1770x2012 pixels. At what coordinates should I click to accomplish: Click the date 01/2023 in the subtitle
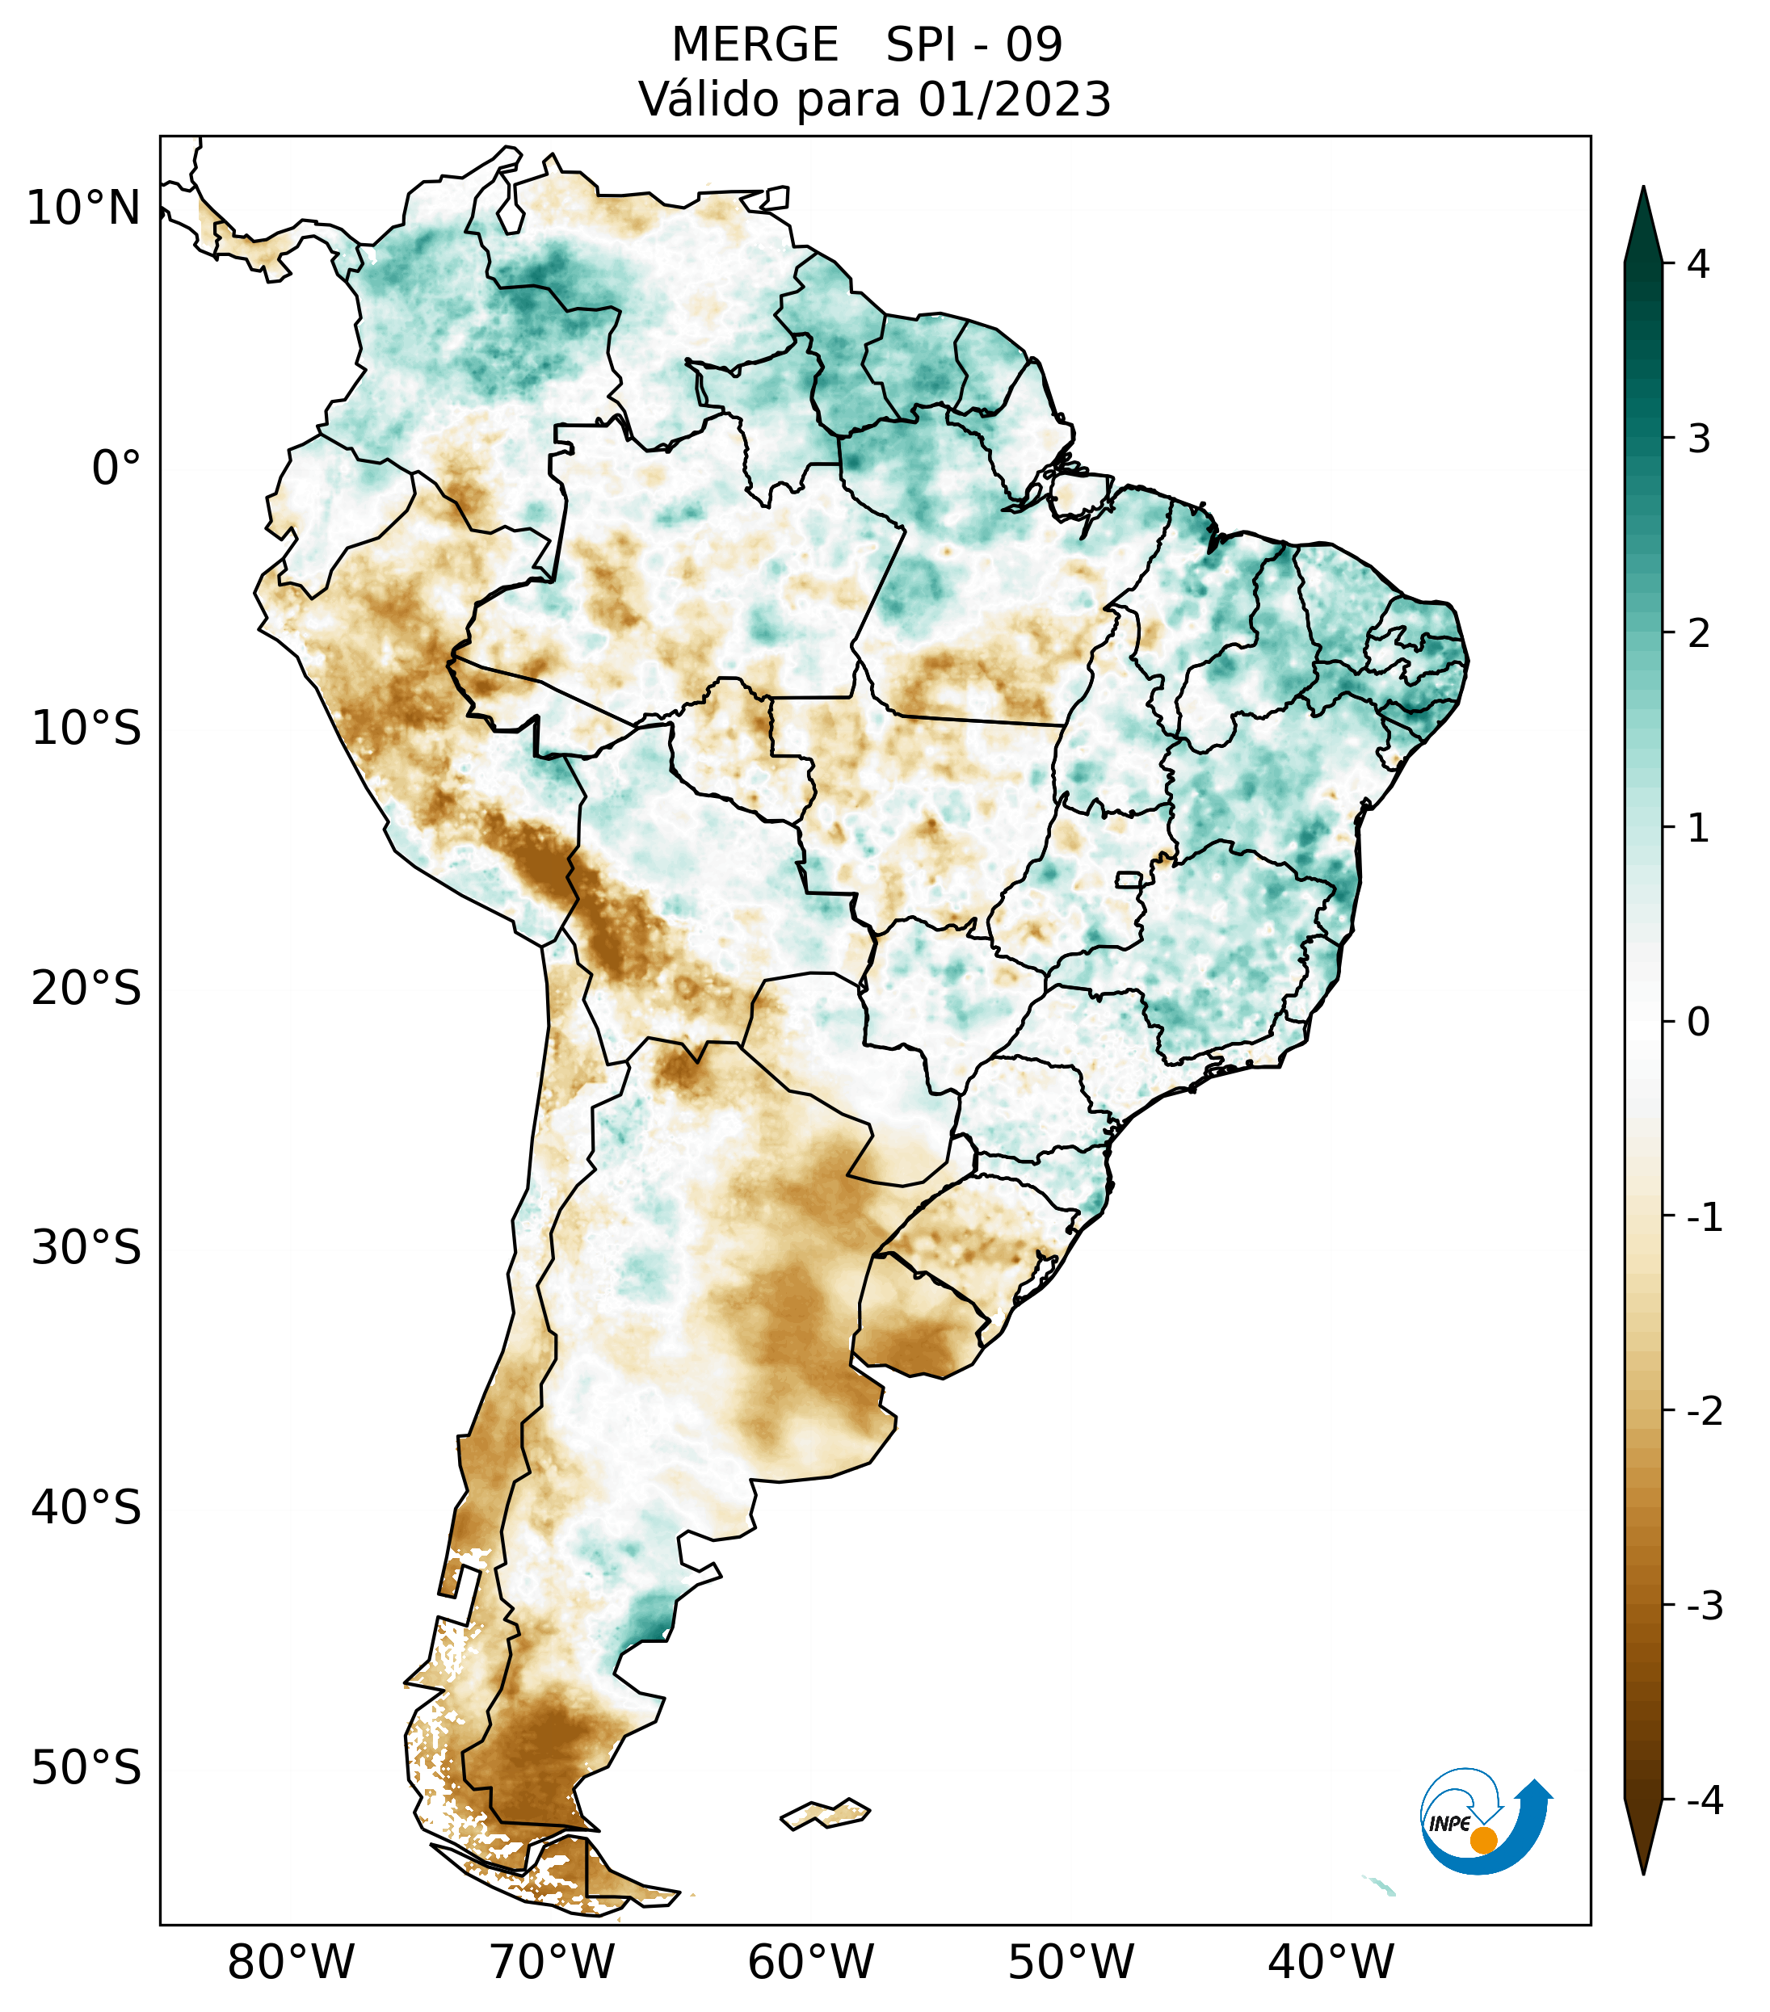pyautogui.click(x=1014, y=99)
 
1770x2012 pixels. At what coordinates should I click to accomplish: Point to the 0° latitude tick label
pyautogui.click(x=116, y=468)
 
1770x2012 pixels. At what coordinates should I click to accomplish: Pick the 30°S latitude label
pyautogui.click(x=86, y=1248)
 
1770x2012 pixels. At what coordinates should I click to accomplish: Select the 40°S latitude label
pyautogui.click(x=86, y=1507)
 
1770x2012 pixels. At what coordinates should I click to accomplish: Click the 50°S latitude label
pyautogui.click(x=86, y=1768)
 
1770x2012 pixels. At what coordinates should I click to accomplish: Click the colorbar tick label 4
pyautogui.click(x=1698, y=264)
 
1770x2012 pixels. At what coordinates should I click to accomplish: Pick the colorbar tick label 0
pyautogui.click(x=1698, y=1023)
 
